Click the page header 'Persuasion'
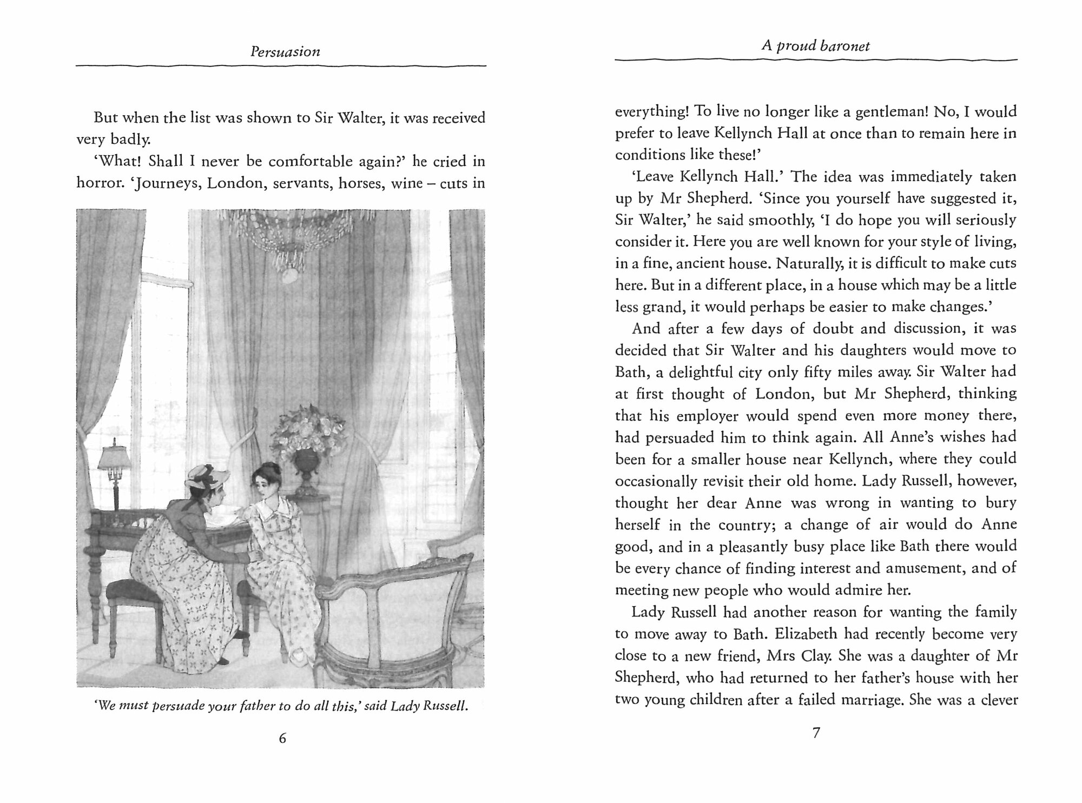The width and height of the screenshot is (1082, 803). point(285,52)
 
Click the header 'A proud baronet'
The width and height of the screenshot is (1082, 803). point(815,46)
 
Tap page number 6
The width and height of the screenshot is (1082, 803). point(282,738)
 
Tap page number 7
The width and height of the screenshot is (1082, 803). point(816,733)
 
